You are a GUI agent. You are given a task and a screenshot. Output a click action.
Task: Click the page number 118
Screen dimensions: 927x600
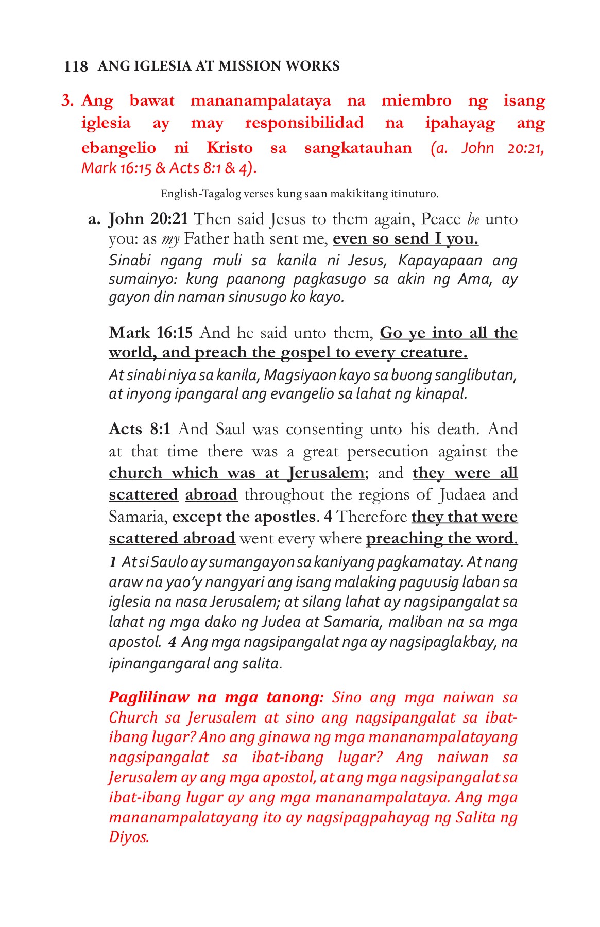click(x=76, y=67)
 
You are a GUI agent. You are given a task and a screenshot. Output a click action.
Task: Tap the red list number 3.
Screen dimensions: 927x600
click(x=67, y=100)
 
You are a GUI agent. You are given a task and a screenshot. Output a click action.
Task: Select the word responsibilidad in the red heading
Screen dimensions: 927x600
click(x=304, y=123)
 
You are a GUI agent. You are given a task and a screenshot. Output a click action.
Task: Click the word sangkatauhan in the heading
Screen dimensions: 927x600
click(x=358, y=148)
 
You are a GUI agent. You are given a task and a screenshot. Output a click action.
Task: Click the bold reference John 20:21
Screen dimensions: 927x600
click(x=148, y=219)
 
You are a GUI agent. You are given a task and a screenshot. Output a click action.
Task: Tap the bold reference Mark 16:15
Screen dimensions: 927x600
click(x=150, y=333)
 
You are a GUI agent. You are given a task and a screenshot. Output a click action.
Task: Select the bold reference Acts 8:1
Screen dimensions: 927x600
click(x=140, y=429)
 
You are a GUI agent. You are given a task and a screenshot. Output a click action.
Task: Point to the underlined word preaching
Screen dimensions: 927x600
click(x=404, y=539)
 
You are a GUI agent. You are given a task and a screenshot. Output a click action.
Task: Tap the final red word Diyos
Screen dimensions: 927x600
click(x=129, y=837)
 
